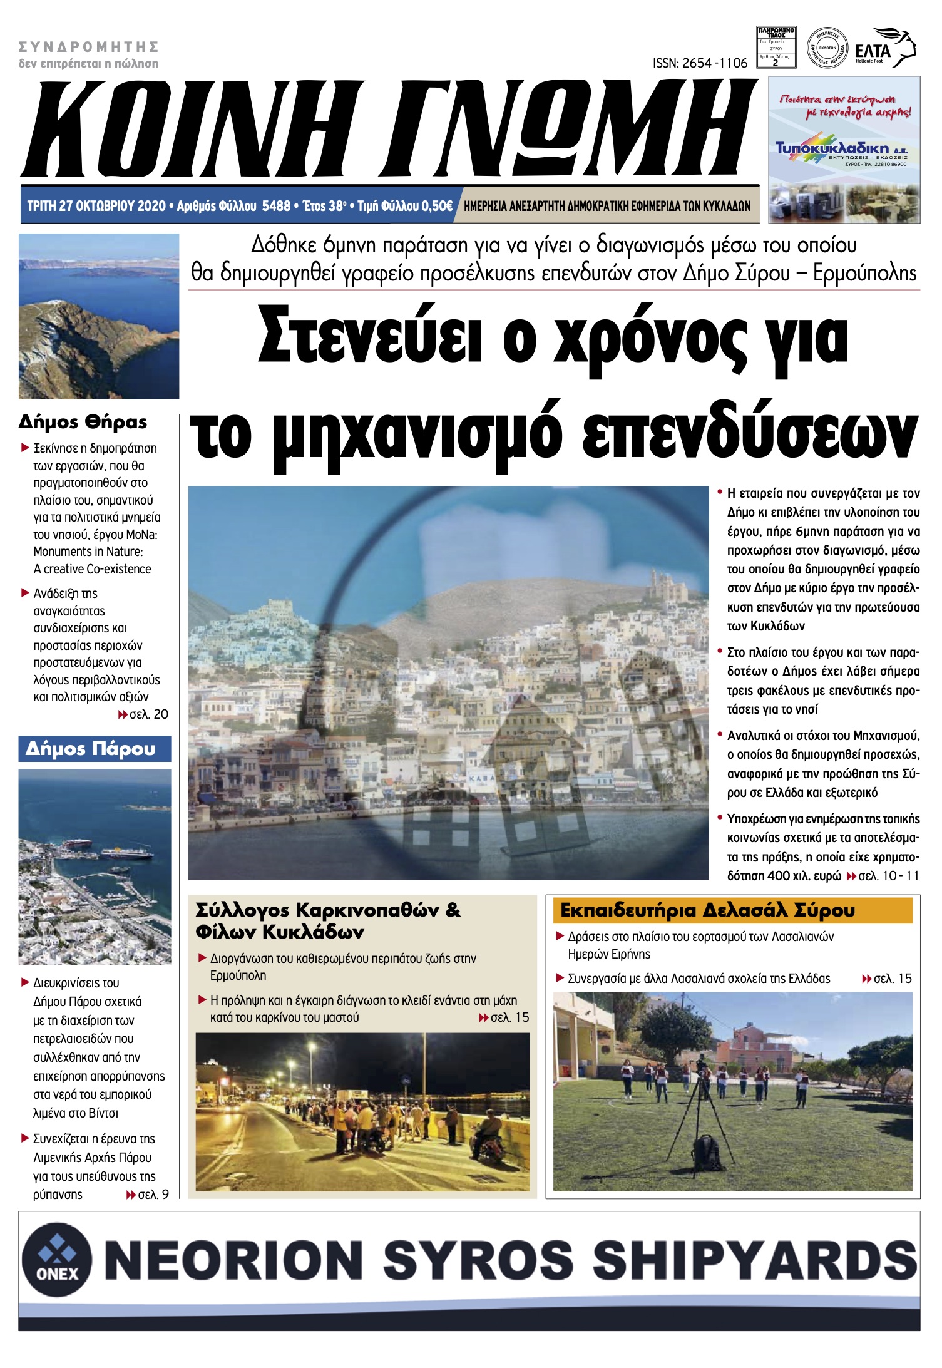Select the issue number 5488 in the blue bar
pos(276,206)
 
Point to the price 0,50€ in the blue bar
pos(436,206)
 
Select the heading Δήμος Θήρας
pos(83,422)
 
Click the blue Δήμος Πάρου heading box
pos(95,749)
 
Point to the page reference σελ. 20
pos(148,714)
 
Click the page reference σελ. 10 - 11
pos(888,876)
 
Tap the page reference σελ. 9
pos(153,1195)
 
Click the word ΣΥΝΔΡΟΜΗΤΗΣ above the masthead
pos(89,46)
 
